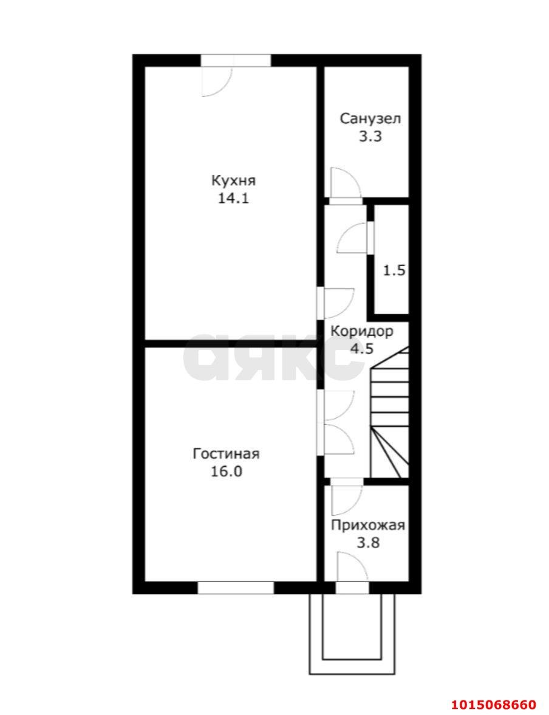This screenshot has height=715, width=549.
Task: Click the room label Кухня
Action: [x=233, y=180]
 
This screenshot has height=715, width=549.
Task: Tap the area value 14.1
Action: [x=233, y=199]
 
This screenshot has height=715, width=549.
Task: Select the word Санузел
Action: [x=370, y=118]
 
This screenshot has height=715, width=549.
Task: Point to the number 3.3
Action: [x=370, y=136]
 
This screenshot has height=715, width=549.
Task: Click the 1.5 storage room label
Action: [x=394, y=270]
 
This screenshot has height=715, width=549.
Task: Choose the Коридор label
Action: [x=361, y=331]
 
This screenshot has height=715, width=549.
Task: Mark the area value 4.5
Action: [x=361, y=349]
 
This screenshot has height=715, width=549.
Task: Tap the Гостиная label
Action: [x=226, y=454]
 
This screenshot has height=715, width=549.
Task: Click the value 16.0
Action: [x=226, y=471]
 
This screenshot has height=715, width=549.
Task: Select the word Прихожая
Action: [x=368, y=525]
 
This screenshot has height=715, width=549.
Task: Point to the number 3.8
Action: [x=369, y=543]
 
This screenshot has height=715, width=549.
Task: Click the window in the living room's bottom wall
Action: [x=236, y=587]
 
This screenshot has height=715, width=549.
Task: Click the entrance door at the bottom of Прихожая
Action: [x=352, y=573]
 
